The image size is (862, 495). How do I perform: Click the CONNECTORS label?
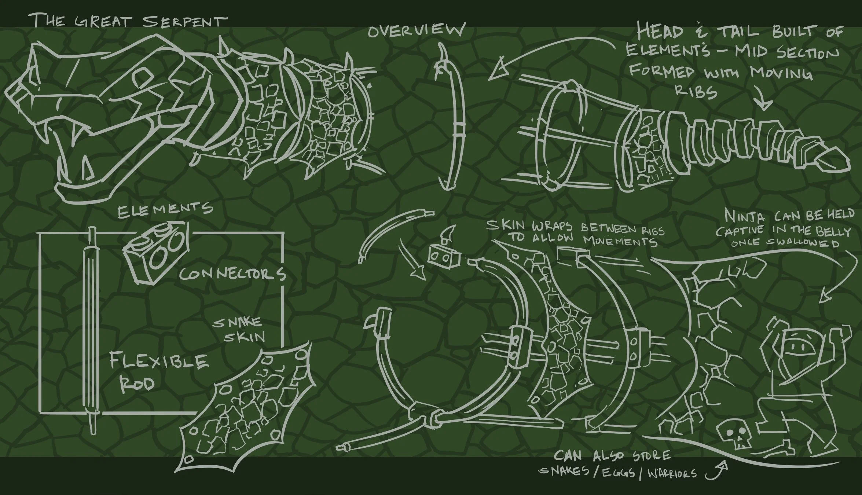232,274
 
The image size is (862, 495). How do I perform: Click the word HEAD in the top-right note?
660,32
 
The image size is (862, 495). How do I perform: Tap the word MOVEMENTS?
620,242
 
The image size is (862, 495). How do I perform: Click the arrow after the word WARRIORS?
716,472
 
